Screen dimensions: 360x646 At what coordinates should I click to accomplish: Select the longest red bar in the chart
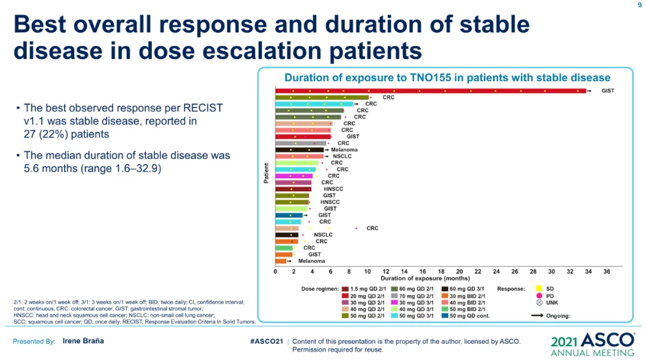431,91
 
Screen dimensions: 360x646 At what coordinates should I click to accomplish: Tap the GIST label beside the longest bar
608,91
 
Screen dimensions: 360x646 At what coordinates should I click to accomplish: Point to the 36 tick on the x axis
606,271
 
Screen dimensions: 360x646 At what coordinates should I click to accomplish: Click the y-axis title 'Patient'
266,173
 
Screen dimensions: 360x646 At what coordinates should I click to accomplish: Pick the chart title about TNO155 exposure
447,78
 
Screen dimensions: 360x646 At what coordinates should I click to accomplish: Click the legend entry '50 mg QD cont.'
470,316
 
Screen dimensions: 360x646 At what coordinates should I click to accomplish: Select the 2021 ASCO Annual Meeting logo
592,343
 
